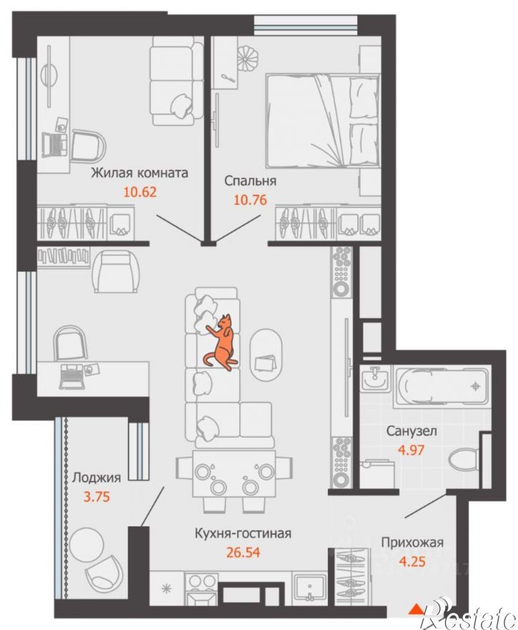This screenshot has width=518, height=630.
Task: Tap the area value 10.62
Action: pos(139,192)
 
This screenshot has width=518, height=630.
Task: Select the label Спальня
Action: pos(250,181)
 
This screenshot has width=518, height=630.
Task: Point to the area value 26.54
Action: pos(243,552)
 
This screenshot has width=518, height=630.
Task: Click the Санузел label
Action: pos(412,431)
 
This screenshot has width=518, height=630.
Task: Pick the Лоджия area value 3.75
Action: pos(96,497)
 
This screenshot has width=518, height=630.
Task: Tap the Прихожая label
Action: pos(412,542)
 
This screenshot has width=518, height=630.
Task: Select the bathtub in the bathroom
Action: pos(442,386)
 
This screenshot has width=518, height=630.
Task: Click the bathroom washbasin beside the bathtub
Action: pos(374,378)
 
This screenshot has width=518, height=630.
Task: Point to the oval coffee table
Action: pos(266,353)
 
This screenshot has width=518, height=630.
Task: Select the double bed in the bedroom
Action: pos(322,121)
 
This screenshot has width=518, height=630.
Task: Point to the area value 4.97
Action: pos(411,449)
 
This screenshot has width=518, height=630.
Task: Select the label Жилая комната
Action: pos(139,173)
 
